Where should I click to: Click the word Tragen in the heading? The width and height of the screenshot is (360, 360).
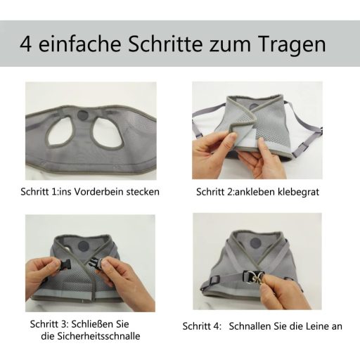click(292, 44)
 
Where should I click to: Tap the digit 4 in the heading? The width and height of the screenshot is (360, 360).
click(25, 44)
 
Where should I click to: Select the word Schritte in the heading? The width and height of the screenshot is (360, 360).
click(165, 44)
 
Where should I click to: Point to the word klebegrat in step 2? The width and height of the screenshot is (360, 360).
click(298, 192)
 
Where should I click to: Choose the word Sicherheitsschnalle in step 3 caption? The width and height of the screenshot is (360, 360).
click(98, 336)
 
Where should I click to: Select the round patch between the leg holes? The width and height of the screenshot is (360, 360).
click(83, 115)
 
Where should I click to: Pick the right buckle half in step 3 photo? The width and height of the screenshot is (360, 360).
click(96, 262)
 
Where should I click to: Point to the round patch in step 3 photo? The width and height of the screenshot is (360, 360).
click(84, 245)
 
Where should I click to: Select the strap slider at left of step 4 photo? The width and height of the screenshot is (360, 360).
click(214, 280)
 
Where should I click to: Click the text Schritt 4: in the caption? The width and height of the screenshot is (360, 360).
click(202, 326)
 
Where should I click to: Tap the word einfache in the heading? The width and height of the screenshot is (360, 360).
click(79, 44)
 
